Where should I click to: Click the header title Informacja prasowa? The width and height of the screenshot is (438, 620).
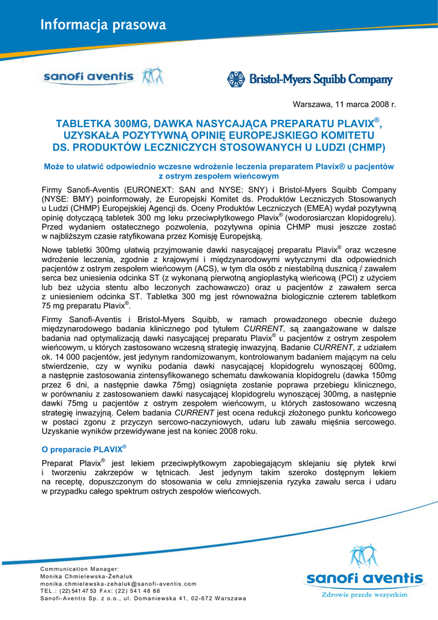point(103,25)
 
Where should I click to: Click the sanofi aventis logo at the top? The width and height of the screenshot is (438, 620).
point(102,77)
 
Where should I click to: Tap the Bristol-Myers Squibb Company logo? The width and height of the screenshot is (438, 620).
point(310,79)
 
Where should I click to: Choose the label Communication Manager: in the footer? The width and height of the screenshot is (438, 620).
point(80,569)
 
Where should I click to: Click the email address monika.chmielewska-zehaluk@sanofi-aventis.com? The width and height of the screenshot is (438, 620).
point(119,584)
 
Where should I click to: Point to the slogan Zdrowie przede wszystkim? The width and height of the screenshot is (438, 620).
point(364,595)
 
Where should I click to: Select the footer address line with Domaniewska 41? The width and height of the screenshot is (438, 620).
point(143,598)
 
